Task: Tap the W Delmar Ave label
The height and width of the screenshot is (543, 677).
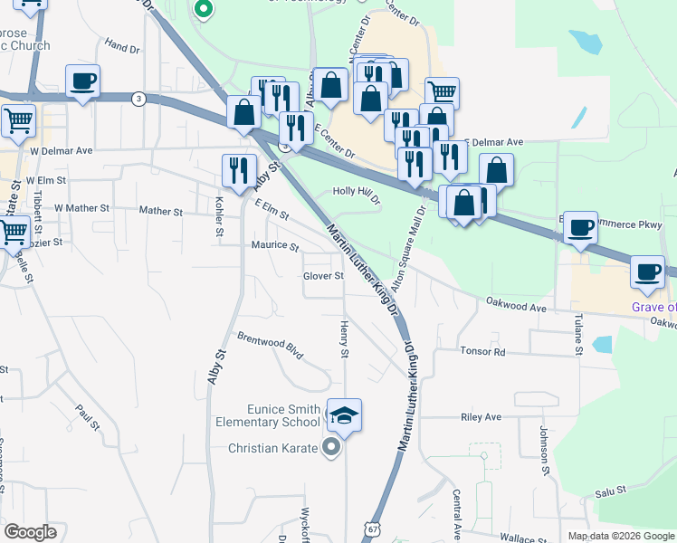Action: [x=62, y=151]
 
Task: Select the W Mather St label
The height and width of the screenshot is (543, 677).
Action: [x=81, y=208]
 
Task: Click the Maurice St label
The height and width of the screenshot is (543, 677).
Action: [x=275, y=245]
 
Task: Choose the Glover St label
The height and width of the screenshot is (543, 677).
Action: [x=324, y=276]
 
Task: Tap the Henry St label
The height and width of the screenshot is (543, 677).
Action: [x=344, y=338]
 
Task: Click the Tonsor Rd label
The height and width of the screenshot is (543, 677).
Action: [x=482, y=350]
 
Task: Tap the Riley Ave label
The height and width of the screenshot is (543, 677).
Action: [x=481, y=417]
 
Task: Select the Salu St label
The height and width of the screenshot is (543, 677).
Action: [x=611, y=491]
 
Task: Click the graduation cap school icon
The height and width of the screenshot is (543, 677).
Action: [x=344, y=415]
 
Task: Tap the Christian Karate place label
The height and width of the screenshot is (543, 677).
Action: [x=272, y=448]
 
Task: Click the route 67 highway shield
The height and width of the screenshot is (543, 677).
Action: [x=372, y=528]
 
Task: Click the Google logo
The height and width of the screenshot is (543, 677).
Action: [x=30, y=532]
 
